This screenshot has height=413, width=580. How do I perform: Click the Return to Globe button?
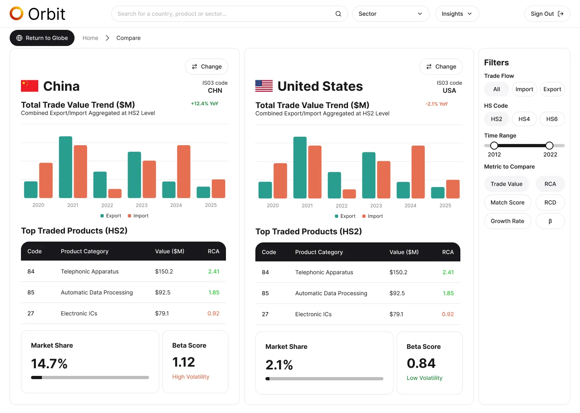[x=42, y=38]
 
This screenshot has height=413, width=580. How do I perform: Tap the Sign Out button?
[x=547, y=14]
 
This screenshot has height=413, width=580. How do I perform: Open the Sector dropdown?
[x=390, y=14]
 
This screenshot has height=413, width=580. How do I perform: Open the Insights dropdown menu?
[x=457, y=14]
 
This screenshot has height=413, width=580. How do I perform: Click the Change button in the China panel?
[x=207, y=67]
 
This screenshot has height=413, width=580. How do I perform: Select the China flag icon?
[x=29, y=86]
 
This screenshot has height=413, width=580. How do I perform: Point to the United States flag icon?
[x=264, y=86]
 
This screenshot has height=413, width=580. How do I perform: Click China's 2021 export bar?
[x=66, y=167]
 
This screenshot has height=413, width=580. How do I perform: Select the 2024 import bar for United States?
[x=418, y=172]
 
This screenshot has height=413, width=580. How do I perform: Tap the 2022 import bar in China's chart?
[x=115, y=194]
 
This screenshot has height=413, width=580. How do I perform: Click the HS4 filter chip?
[x=524, y=119]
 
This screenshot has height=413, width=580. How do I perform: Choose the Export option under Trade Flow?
[x=552, y=89]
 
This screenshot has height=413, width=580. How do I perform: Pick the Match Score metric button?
[x=507, y=202]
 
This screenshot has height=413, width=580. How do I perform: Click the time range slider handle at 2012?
[x=494, y=146]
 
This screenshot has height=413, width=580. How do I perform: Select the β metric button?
[x=550, y=221]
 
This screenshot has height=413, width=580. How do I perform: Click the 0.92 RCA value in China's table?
[x=213, y=313]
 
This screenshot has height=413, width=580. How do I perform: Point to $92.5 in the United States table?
[x=397, y=293]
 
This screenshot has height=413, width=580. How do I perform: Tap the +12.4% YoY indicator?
[x=205, y=104]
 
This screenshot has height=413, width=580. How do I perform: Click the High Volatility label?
[x=191, y=377]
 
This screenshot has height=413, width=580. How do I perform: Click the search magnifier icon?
[x=338, y=14]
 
